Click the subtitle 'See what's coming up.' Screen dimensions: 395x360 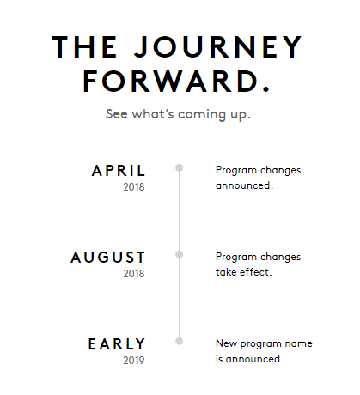[178, 113]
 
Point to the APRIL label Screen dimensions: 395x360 [119, 170]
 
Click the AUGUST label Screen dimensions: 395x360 [108, 257]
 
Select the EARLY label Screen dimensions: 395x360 [117, 343]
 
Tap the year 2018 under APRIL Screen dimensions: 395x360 [134, 186]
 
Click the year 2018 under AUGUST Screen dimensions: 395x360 [134, 273]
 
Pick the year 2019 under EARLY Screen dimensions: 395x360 [134, 360]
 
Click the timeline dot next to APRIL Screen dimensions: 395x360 [180, 168]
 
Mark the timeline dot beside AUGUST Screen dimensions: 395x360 [180, 255]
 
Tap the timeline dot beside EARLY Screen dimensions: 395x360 [180, 342]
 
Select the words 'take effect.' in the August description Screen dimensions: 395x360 [243, 271]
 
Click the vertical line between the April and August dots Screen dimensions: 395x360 [180, 211]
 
